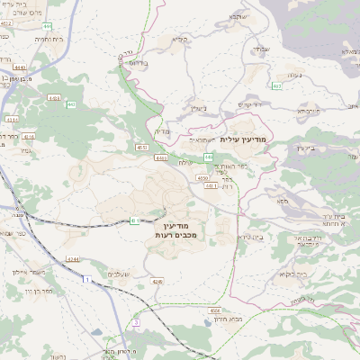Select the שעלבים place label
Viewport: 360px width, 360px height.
[119, 274]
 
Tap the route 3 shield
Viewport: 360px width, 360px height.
[135, 321]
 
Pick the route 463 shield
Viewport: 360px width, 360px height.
[276, 85]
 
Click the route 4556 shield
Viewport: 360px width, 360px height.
[215, 310]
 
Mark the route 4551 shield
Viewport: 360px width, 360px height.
[141, 147]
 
